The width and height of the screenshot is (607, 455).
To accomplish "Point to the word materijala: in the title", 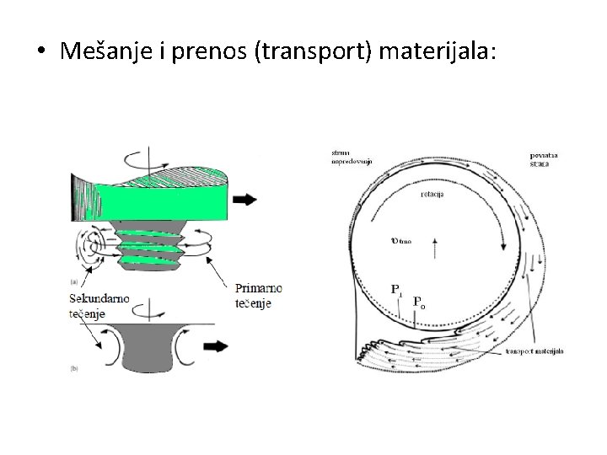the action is coord(438,52).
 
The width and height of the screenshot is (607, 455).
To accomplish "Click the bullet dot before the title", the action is coord(41,53).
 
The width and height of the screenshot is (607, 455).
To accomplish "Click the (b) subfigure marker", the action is coord(74,369).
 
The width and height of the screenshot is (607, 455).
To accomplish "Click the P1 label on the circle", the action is coord(396,288).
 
